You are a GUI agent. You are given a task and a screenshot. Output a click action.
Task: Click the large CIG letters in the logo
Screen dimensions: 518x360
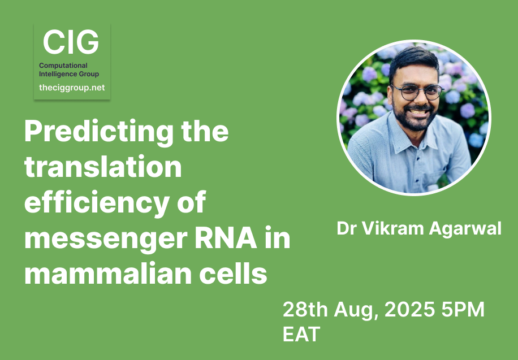pyautogui.click(x=71, y=42)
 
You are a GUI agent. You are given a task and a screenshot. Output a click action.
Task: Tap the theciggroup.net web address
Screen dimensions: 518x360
pyautogui.click(x=72, y=88)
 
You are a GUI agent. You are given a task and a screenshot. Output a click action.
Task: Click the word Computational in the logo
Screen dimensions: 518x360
pyautogui.click(x=63, y=66)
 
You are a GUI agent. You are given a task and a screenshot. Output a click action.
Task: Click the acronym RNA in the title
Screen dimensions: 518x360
pyautogui.click(x=226, y=237)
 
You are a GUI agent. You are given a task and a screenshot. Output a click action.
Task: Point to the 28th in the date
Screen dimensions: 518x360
pyautogui.click(x=305, y=310)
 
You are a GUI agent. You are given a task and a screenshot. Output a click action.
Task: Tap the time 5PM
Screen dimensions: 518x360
pyautogui.click(x=463, y=310)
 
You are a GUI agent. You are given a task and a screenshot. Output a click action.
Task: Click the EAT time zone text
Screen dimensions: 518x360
pyautogui.click(x=301, y=334)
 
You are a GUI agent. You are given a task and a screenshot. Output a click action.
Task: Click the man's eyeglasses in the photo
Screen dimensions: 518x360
pyautogui.click(x=417, y=92)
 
